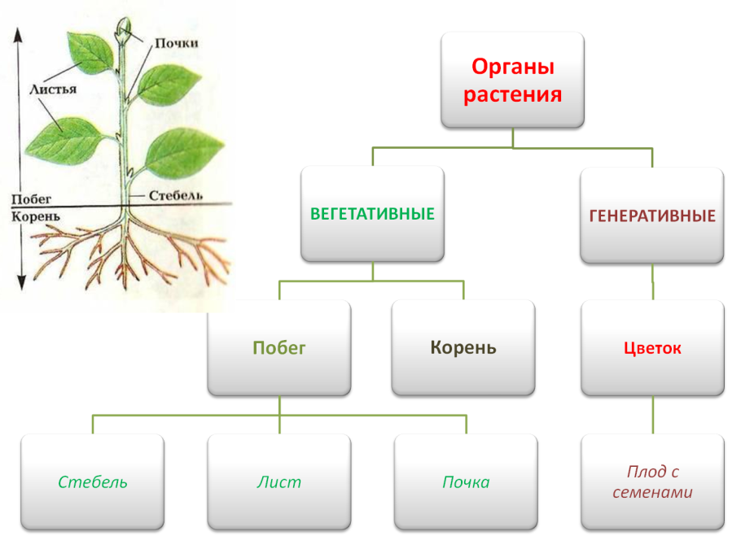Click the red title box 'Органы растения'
tap(513, 80)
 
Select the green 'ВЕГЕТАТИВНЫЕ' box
tap(372, 215)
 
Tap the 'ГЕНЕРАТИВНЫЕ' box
tap(652, 216)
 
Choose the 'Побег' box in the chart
tap(278, 348)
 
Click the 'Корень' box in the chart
tap(463, 348)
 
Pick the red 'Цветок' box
tap(652, 348)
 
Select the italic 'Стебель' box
tap(92, 482)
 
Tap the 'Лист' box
tap(278, 482)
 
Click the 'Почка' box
tap(466, 482)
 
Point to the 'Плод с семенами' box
tap(652, 482)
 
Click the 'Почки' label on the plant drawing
tap(177, 42)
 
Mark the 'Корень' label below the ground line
tap(33, 216)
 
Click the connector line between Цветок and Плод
tap(652, 416)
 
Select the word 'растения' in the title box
tap(513, 94)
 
